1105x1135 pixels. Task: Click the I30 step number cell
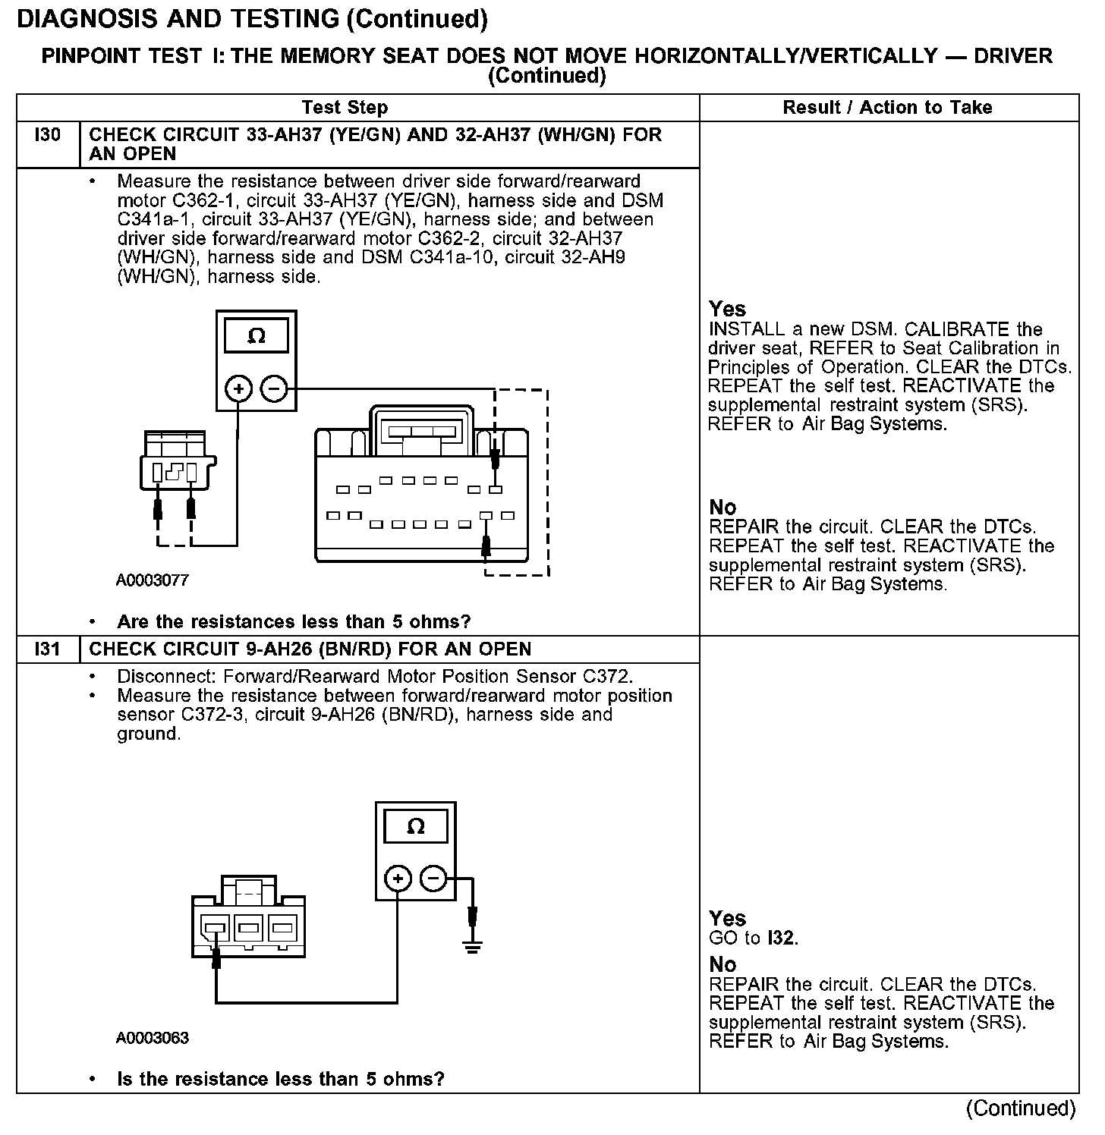click(47, 136)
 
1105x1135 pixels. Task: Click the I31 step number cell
click(47, 649)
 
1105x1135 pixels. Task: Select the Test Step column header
click(345, 108)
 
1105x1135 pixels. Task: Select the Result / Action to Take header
click(887, 108)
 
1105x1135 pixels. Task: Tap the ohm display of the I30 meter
click(257, 336)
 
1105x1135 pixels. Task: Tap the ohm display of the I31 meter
click(415, 826)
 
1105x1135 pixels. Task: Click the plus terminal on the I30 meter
click(239, 390)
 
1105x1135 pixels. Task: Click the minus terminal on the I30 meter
click(274, 390)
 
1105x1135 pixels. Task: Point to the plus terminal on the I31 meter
click(398, 879)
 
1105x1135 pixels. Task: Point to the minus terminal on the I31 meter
click(433, 879)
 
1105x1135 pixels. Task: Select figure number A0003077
click(152, 580)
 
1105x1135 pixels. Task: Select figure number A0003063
click(152, 1038)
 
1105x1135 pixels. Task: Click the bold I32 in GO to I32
click(781, 938)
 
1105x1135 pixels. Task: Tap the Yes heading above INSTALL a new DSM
click(727, 309)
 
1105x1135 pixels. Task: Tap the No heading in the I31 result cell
click(722, 964)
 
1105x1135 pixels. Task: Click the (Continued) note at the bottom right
click(1020, 1108)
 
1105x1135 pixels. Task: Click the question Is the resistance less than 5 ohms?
click(280, 1079)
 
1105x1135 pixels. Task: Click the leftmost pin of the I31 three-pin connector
click(215, 927)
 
